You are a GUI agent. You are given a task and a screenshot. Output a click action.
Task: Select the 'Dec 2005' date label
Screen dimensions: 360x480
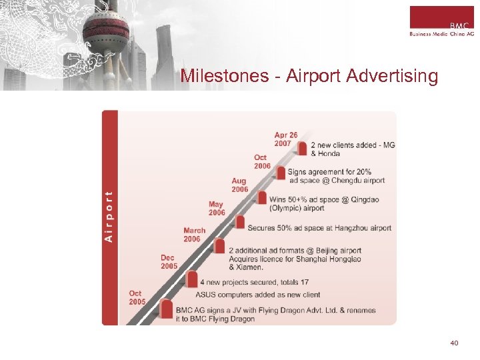(169, 261)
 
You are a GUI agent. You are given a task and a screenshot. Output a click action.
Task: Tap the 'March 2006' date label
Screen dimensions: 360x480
(194, 235)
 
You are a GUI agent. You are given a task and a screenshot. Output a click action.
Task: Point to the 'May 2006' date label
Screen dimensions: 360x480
(217, 208)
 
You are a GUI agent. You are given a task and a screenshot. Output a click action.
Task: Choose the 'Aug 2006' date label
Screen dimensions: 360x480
(239, 185)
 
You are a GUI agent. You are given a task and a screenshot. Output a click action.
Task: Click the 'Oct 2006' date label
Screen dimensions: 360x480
(262, 161)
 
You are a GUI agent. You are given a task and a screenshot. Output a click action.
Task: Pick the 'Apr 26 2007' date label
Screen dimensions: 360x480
(286, 139)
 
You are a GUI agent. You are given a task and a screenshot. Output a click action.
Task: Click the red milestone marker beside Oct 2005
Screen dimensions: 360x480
(167, 309)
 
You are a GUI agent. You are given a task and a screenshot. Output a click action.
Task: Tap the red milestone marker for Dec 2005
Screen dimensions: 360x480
(193, 279)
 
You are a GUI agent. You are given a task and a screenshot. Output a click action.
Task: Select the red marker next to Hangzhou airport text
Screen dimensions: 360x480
(240, 222)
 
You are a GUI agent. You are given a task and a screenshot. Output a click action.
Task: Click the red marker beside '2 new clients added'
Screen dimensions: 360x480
(303, 148)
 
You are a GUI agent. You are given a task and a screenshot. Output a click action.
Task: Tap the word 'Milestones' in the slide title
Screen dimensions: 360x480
(224, 76)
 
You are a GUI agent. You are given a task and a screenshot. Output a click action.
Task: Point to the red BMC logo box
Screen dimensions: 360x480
(441, 17)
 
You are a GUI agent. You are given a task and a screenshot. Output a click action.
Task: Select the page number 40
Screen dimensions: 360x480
(454, 343)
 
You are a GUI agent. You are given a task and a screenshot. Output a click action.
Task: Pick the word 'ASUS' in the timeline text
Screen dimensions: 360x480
(207, 294)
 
